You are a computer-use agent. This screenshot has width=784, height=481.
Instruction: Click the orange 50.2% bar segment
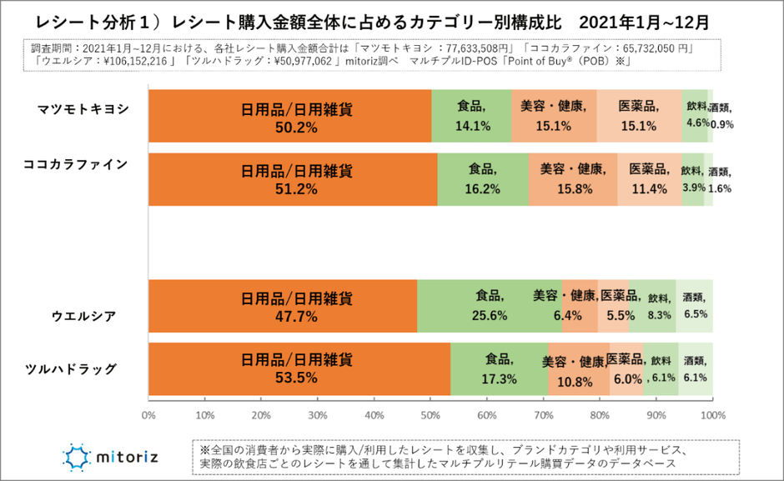[289, 117]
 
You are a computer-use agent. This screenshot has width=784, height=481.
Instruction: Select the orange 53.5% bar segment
[299, 368]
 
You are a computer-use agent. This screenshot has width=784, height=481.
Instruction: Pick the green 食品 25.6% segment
[489, 306]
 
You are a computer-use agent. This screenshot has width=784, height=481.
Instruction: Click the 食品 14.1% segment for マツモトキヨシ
[471, 117]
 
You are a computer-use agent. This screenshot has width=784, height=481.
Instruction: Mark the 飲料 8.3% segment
[659, 306]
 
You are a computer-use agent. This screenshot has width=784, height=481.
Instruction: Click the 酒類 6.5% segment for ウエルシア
[694, 306]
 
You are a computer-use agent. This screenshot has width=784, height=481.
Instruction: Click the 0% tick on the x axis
[148, 414]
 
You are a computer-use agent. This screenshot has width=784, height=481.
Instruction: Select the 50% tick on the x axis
[430, 414]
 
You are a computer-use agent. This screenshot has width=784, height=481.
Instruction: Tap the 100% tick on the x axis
[711, 414]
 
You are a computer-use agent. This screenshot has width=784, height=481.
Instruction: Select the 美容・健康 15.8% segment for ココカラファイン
[572, 178]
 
